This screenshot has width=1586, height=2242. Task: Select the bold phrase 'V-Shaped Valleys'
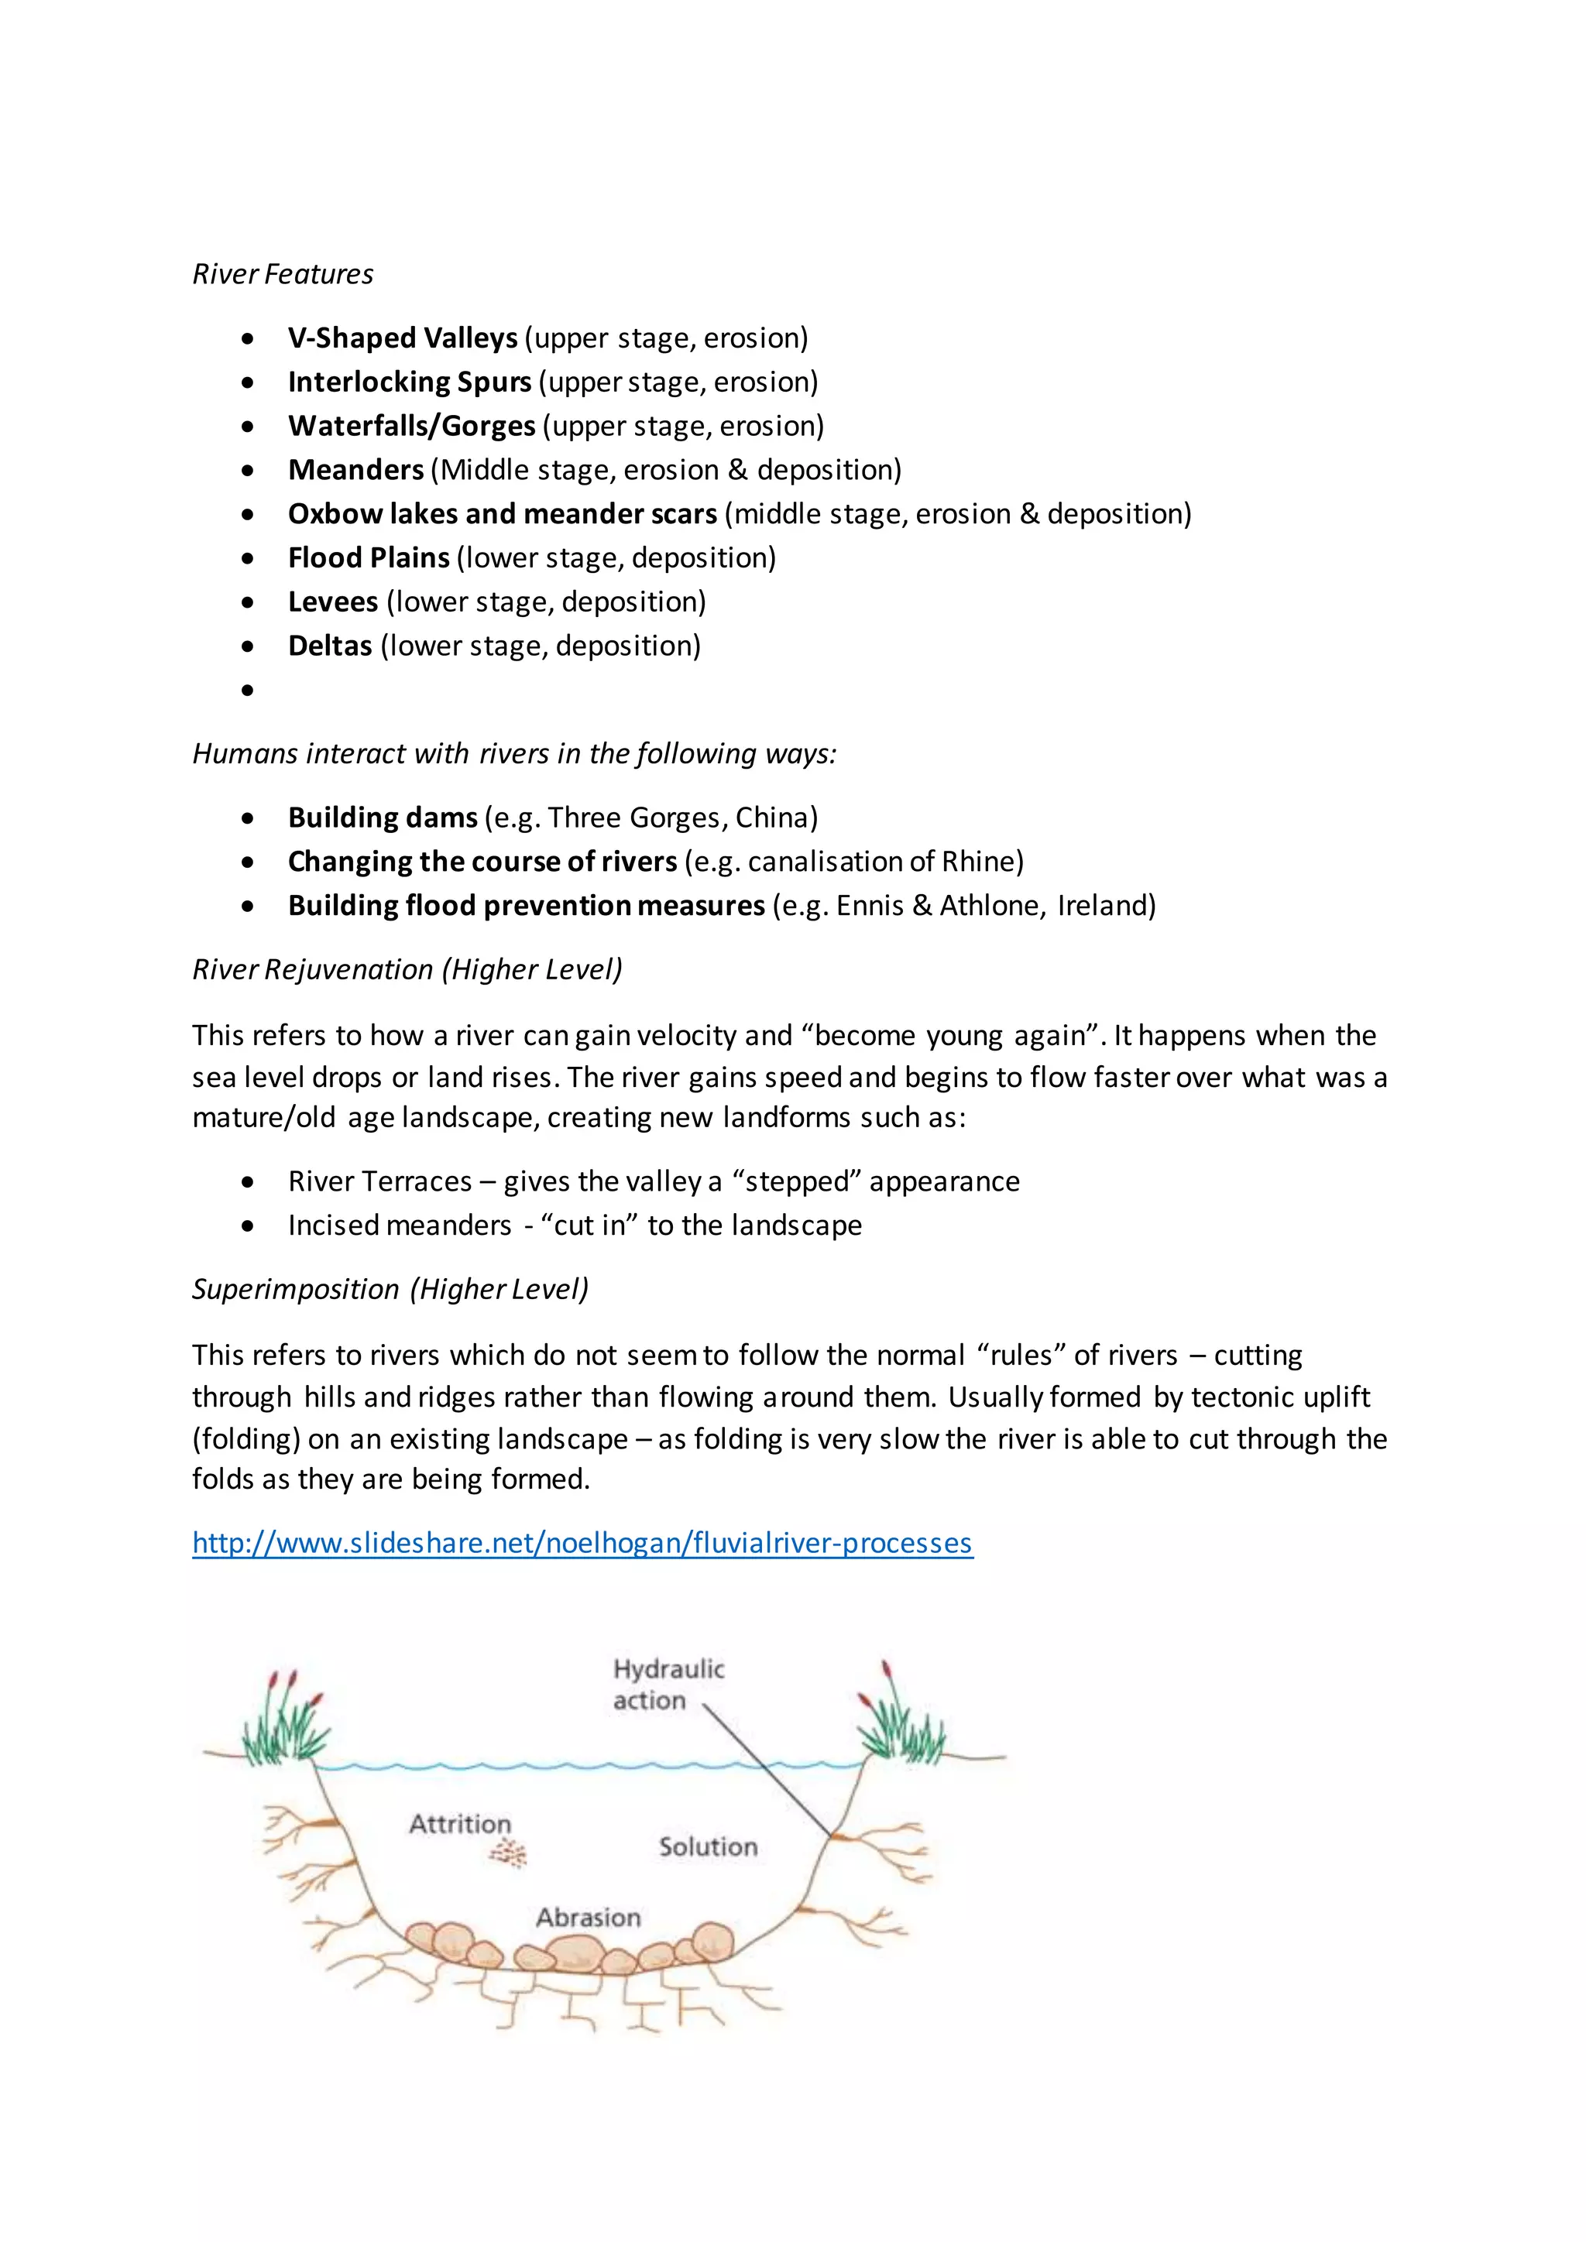point(403,338)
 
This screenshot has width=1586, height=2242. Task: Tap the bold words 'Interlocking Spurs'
point(409,382)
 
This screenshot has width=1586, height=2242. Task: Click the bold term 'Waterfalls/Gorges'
point(411,426)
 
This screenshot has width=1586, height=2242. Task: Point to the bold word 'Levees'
point(332,602)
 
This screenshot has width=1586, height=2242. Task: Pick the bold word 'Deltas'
point(329,646)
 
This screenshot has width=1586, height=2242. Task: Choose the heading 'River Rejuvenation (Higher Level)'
point(407,969)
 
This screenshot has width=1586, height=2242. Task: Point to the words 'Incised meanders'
point(399,1226)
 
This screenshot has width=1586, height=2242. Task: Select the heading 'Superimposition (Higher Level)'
point(390,1289)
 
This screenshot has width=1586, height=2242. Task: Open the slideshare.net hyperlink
point(582,1543)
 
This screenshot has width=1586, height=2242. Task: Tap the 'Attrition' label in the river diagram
point(459,1823)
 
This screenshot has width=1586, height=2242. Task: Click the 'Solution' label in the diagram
point(707,1846)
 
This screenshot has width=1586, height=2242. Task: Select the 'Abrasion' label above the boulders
point(588,1918)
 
